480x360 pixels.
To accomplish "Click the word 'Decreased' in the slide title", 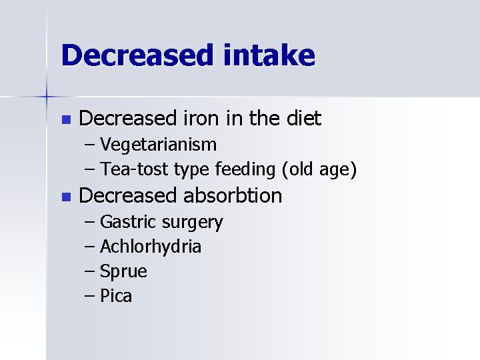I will click(x=133, y=55).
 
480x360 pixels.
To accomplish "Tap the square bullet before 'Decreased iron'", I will click(x=65, y=120).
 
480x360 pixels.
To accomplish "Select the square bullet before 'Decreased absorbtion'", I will click(x=65, y=197).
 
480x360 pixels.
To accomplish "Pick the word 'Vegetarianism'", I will click(x=158, y=145).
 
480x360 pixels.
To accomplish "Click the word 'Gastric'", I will click(x=127, y=222).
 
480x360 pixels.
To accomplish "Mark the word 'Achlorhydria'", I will click(x=151, y=247).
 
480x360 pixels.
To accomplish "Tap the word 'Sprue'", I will click(x=123, y=272).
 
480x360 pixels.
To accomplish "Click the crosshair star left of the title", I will click(x=47, y=97).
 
